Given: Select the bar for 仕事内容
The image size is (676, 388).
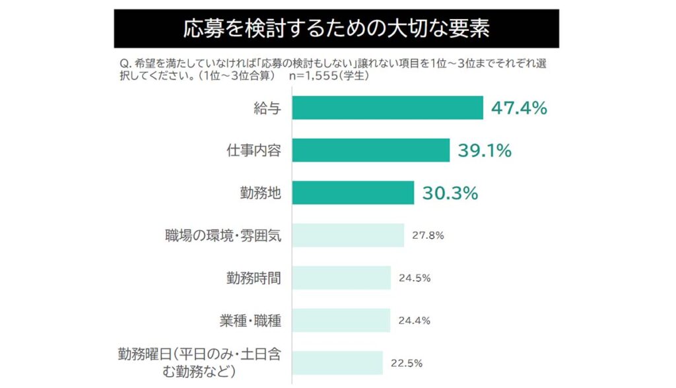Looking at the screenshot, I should tap(370, 150).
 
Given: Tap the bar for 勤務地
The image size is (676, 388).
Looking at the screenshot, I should tap(353, 193).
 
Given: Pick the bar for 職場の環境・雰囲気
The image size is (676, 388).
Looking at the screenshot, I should tap(348, 235).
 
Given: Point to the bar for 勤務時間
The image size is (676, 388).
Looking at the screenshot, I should tap(341, 278).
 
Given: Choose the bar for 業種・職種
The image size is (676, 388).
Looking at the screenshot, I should tap(341, 321).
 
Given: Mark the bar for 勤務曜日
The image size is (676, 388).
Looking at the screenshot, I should tap(337, 363).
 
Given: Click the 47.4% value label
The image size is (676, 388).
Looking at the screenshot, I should tap(519, 108).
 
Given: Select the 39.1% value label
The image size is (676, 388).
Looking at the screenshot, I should tap(485, 150).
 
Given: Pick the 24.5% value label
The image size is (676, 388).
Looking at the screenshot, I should tap(415, 278).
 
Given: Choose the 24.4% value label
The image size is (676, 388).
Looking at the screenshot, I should tap(415, 321).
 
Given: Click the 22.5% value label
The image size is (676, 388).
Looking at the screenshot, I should tap(407, 363).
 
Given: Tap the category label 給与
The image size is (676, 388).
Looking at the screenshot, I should tap(268, 108).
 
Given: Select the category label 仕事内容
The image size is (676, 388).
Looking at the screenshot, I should tap(254, 150).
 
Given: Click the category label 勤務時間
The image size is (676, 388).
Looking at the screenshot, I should tap(254, 278).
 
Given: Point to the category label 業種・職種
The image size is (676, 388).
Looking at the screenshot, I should tap(251, 321).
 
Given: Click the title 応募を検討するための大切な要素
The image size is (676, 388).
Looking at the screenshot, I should tap(337, 29).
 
